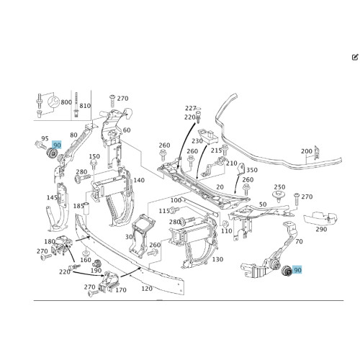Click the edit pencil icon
[355, 58]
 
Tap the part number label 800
[66, 102]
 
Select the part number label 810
[85, 106]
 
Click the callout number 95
[45, 138]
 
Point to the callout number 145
[53, 197]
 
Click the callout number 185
[78, 206]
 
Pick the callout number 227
[191, 108]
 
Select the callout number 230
[197, 141]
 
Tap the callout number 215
[217, 150]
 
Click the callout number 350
[252, 170]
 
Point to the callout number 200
[307, 151]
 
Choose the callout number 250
[279, 187]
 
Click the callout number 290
[321, 229]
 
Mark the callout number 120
[147, 289]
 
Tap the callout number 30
[129, 237]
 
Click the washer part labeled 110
[225, 224]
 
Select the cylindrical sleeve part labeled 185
[86, 208]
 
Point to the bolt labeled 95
[40, 145]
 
